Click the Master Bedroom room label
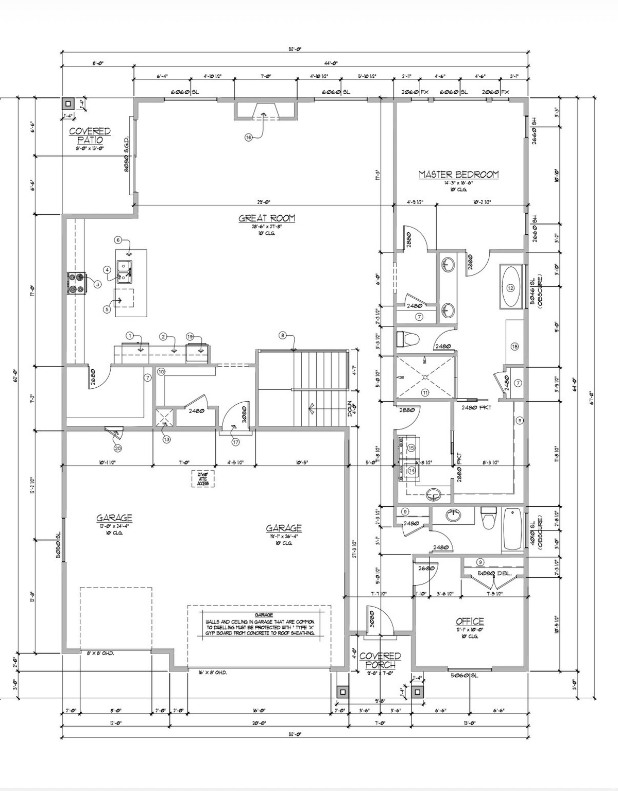pos(458,175)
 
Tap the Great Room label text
pos(266,218)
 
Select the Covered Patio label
pos(90,136)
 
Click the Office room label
pos(470,621)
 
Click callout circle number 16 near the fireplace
pos(249,137)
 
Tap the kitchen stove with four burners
pos(76,283)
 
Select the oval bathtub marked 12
pos(510,287)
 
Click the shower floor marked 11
pos(425,379)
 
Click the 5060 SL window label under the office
pos(464,676)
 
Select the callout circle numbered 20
pos(117,448)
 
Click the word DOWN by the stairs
pos(350,407)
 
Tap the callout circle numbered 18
pos(514,347)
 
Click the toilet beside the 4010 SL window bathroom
pos(487,520)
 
